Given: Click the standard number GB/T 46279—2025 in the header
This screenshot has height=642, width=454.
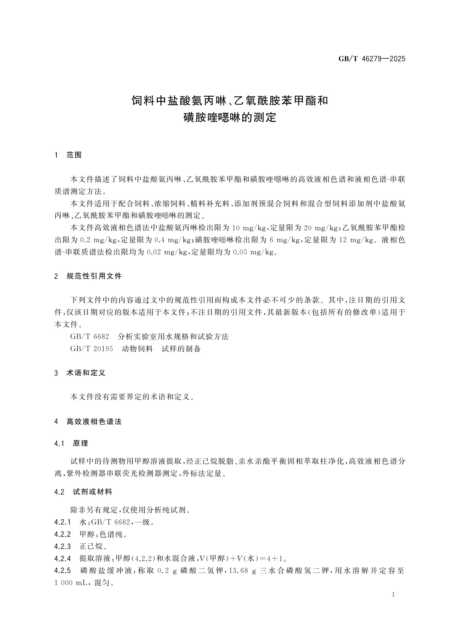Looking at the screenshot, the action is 372,59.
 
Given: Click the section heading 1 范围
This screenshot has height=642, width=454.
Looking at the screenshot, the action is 68,155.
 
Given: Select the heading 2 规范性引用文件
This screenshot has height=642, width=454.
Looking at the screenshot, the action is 88,276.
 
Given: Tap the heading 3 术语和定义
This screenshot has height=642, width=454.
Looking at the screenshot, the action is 80,373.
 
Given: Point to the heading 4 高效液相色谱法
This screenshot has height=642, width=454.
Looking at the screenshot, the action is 88,422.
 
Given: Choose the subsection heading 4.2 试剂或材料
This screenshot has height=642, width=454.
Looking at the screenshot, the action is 83,492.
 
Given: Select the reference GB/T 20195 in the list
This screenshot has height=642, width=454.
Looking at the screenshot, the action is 92,349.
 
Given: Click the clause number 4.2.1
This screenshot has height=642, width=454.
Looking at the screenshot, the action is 63,522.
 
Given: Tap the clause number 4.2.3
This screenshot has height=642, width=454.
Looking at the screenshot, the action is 63,546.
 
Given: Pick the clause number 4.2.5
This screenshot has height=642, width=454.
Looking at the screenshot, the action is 63,571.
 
